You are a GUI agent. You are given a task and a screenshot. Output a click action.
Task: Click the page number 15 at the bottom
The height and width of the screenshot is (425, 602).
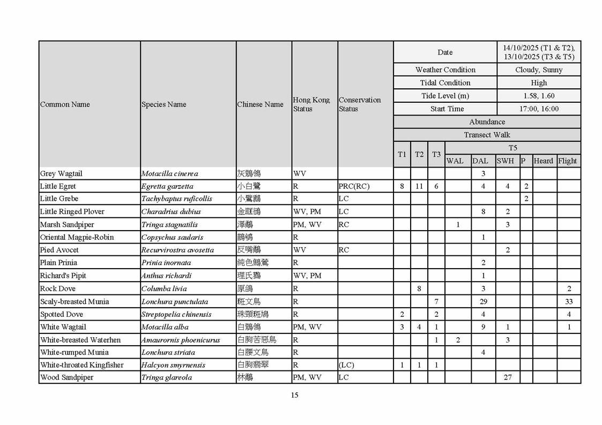point(294,395)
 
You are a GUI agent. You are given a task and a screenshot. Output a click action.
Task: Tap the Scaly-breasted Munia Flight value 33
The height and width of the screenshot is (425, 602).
point(569,301)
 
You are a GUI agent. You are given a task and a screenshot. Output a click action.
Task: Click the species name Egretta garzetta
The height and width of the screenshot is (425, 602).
point(167,186)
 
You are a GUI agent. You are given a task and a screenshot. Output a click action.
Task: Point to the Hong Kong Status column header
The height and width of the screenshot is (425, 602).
point(311,104)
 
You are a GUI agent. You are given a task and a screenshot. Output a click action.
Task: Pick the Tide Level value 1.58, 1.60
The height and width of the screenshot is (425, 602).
point(539,96)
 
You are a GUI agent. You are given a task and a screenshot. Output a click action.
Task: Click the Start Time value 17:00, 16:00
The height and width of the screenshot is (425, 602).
point(539,109)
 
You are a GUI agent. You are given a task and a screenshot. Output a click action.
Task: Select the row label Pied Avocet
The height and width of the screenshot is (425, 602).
point(59,250)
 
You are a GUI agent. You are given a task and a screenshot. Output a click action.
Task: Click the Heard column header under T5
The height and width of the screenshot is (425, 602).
point(543,161)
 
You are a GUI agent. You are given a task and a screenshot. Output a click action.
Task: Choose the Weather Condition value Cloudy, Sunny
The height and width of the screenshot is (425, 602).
point(539,70)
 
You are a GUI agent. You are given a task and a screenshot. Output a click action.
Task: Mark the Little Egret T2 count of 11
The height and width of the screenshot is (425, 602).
point(419,186)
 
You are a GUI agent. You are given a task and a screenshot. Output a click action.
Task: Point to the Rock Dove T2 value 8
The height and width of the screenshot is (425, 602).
point(419,289)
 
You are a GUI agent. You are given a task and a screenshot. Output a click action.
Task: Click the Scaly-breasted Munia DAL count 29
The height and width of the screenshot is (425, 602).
point(483,301)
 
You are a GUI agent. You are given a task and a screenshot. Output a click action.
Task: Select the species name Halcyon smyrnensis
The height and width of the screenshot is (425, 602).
point(169,365)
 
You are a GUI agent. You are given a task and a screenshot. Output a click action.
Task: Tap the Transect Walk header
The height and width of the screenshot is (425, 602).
point(487,135)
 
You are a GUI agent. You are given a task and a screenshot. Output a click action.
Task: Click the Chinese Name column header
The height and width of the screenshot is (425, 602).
point(260,104)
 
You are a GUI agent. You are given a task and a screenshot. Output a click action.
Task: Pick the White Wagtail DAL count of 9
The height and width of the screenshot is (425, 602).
point(483,327)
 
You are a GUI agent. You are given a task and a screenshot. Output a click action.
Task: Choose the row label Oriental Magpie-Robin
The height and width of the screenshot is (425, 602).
point(77,237)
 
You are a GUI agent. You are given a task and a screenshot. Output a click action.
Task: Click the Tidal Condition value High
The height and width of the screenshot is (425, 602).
point(539,83)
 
